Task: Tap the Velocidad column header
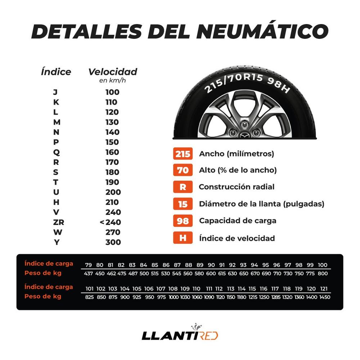click(113, 72)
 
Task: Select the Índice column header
click(56, 72)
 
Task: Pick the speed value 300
click(113, 242)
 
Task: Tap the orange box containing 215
click(183, 154)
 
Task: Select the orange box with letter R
click(183, 187)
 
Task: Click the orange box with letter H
click(183, 238)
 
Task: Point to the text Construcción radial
click(237, 187)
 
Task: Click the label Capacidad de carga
click(238, 221)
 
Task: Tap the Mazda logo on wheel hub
click(245, 135)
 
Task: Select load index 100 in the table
click(323, 265)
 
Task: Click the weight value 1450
click(324, 297)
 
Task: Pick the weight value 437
click(88, 274)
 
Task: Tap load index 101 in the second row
click(90, 289)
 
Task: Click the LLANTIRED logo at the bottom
click(180, 335)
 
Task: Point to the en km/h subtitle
click(112, 80)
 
